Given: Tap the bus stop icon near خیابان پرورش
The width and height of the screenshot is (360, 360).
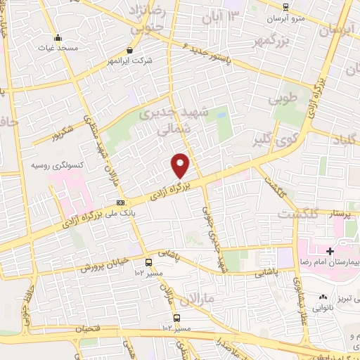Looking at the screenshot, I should tap(148, 262).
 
